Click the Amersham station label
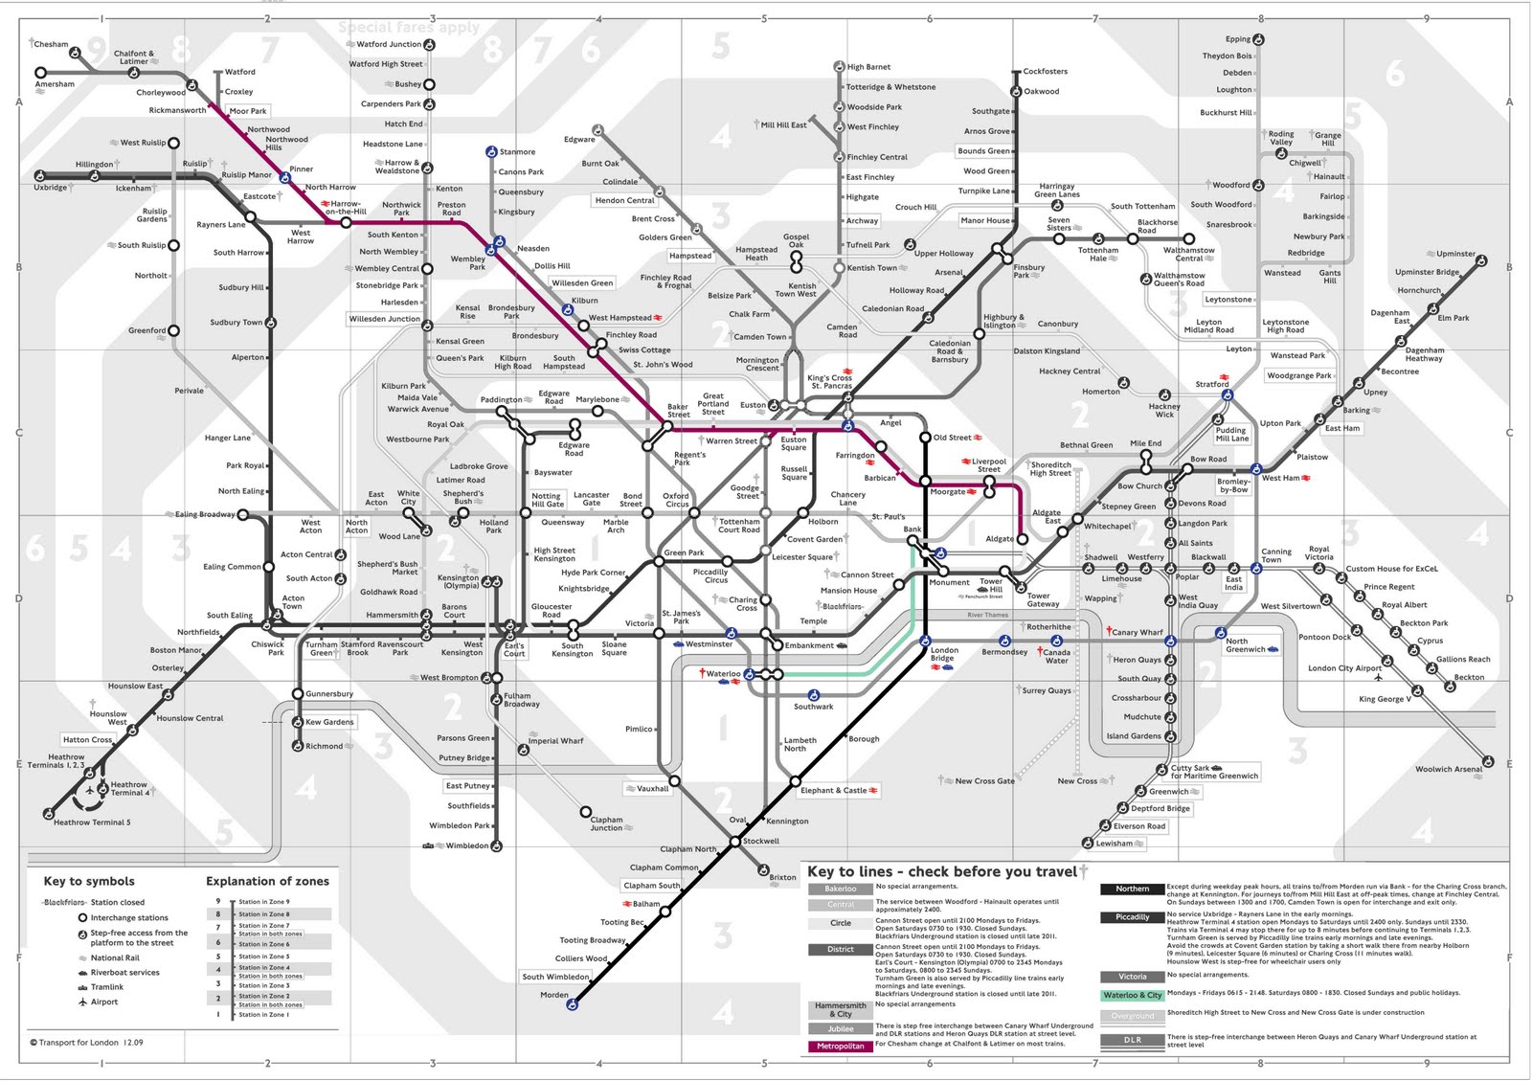[x=55, y=84]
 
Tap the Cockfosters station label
[x=1045, y=72]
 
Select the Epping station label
[x=1238, y=39]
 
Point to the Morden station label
[x=554, y=995]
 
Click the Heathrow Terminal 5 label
[x=92, y=822]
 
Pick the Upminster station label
[x=1455, y=254]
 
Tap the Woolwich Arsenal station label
[x=1449, y=769]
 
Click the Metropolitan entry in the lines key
[x=841, y=1046]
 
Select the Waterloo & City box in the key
[x=1132, y=995]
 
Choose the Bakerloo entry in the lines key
[x=841, y=889]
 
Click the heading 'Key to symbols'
[x=89, y=881]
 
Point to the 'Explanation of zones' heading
[x=267, y=881]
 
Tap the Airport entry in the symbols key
[x=104, y=1002]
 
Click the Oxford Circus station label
[x=676, y=500]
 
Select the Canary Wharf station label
[x=1138, y=632]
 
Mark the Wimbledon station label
[x=466, y=845]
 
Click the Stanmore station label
[x=517, y=151]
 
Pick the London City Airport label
[x=1344, y=668]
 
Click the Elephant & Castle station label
[x=833, y=790]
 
